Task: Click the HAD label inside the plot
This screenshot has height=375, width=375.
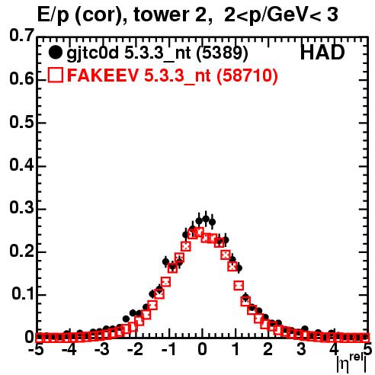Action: tap(322, 53)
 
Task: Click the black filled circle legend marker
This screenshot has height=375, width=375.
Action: tap(55, 53)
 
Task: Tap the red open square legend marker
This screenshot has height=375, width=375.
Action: tap(56, 75)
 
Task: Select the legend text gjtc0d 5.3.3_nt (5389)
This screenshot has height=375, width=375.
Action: tap(157, 53)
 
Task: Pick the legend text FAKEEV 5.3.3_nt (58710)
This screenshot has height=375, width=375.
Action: tap(172, 75)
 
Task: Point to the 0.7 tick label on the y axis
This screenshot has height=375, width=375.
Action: tap(21, 35)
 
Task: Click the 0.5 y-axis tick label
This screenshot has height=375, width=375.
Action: tap(21, 123)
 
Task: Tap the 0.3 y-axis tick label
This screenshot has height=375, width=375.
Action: tap(21, 208)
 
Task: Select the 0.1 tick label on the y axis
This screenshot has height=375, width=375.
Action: tap(23, 294)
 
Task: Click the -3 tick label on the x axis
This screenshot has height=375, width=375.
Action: tap(102, 350)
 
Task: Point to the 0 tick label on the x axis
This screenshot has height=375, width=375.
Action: tap(202, 350)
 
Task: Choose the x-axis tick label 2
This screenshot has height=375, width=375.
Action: tap(268, 350)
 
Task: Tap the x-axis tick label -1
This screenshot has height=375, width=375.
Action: tap(168, 350)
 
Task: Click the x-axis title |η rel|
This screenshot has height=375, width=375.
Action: tap(351, 364)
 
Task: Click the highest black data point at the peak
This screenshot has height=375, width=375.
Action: tap(206, 219)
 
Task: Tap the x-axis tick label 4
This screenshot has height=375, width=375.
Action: tap(334, 350)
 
